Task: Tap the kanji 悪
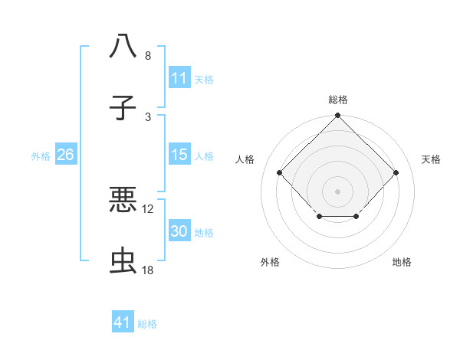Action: coord(123,199)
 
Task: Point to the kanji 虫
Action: coord(123,262)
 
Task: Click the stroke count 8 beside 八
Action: coord(148,56)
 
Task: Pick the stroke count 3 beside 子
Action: coord(148,117)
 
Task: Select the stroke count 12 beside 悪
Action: coord(148,208)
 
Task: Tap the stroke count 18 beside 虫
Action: coord(148,271)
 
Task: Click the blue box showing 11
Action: coord(179,77)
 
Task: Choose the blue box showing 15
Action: coord(179,155)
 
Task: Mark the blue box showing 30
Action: coord(179,232)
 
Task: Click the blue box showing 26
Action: coord(65,155)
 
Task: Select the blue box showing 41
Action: coord(123,322)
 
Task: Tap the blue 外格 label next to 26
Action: coord(41,155)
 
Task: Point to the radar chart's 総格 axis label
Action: coord(337,100)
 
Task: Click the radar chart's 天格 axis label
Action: coord(432,159)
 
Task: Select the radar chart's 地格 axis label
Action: coord(402,262)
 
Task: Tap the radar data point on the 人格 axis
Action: coord(279,172)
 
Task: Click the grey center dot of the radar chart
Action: coord(337,191)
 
